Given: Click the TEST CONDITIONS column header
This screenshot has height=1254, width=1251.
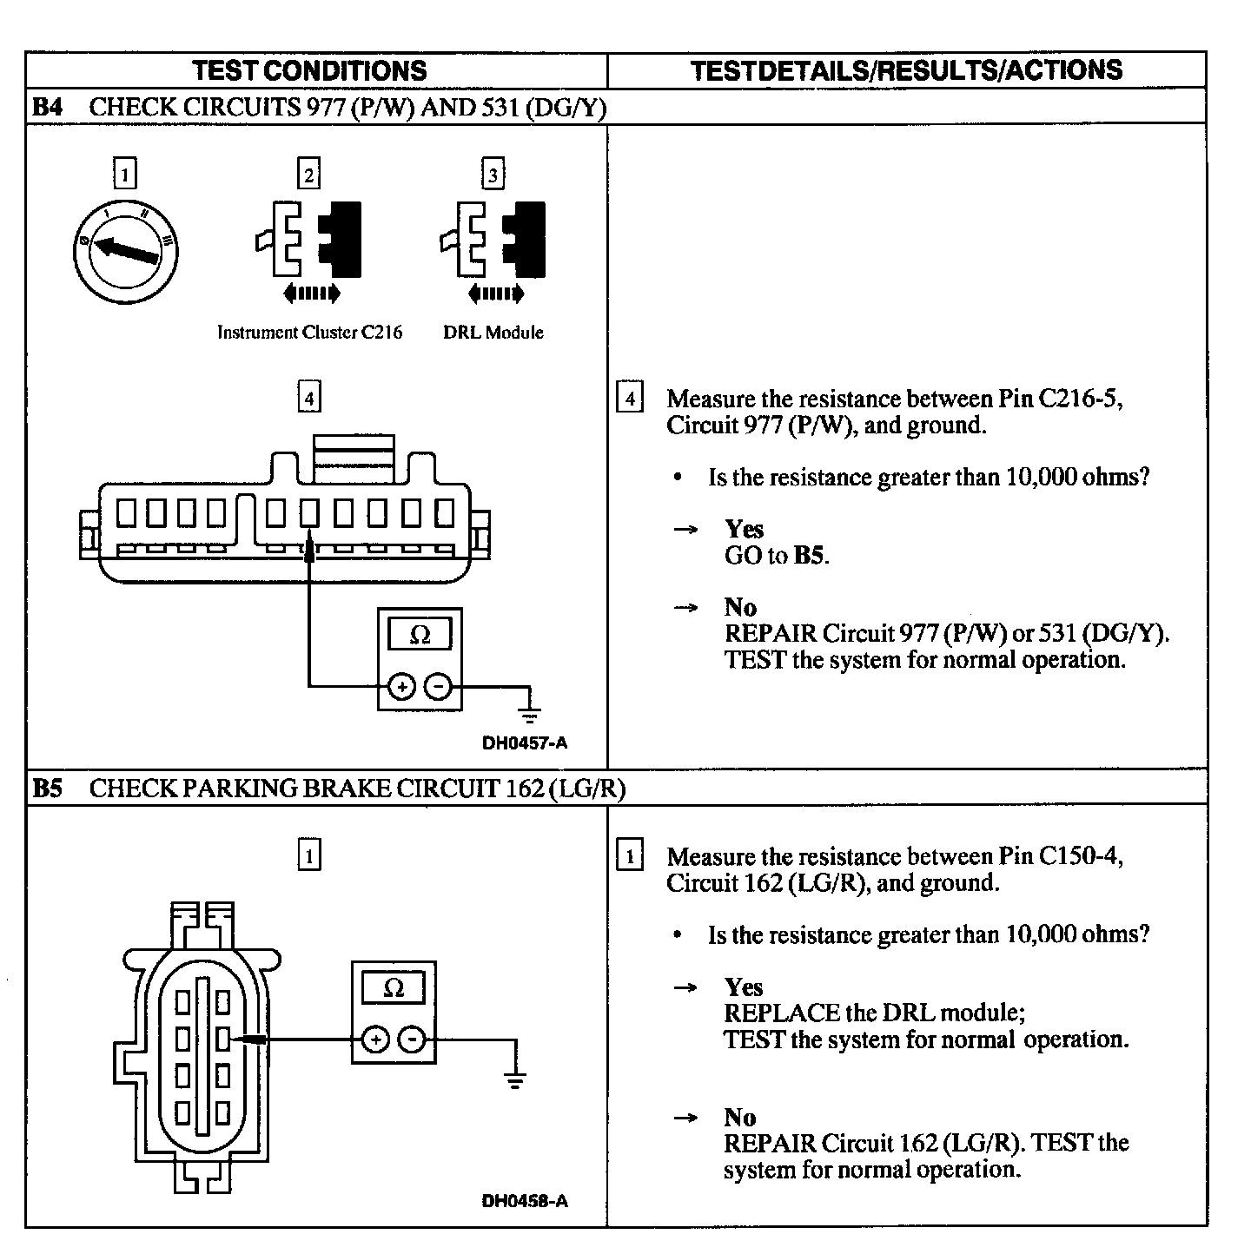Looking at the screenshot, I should click(x=309, y=70).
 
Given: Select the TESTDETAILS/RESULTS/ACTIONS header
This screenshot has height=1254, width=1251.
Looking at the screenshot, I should click(x=906, y=70).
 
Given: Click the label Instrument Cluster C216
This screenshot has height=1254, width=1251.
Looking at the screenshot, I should click(x=309, y=333).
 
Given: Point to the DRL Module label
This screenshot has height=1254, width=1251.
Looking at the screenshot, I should click(x=493, y=333).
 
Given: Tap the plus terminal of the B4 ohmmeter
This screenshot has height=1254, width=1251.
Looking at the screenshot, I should click(x=401, y=687).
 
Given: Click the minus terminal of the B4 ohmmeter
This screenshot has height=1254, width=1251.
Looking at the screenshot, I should click(x=440, y=687).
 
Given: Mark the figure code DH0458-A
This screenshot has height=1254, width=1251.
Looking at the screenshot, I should click(x=525, y=1201).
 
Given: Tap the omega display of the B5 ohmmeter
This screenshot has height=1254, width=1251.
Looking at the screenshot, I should click(x=394, y=989).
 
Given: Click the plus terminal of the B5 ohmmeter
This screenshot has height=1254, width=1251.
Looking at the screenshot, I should click(x=375, y=1039).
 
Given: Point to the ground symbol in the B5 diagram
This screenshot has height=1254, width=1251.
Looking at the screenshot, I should click(x=515, y=1082).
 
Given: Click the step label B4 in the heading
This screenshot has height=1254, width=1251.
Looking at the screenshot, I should click(x=48, y=108).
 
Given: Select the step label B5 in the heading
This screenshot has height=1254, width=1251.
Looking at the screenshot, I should click(x=48, y=789).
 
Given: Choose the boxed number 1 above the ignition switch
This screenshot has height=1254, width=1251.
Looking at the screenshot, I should click(x=125, y=175).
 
